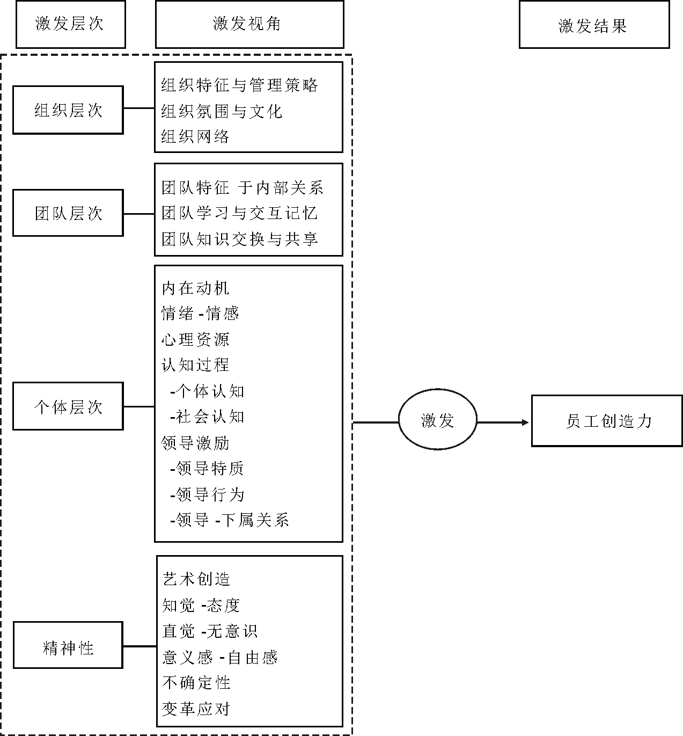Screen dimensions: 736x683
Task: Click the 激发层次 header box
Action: pos(70,25)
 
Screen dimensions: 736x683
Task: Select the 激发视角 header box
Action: pos(249,25)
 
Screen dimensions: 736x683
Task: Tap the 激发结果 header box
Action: pos(594,26)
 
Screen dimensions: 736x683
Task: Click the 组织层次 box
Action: pos(68,110)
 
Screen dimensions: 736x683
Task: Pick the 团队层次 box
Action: pos(68,213)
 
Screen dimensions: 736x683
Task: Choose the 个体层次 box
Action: pos(68,406)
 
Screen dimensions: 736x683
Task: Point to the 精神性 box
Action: pos(68,645)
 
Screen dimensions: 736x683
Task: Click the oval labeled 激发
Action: pos(438,420)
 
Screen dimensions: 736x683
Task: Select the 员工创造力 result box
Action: pos(607,421)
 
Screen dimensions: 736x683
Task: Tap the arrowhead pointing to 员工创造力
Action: pos(526,422)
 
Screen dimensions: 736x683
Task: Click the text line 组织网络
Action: pos(195,136)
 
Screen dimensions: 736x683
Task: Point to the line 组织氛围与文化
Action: pos(222,111)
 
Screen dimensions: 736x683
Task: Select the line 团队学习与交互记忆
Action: pos(239,213)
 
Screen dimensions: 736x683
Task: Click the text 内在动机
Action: pos(195,288)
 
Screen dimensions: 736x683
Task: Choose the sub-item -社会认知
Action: pos(207,417)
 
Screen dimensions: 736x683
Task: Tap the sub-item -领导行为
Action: pos(207,494)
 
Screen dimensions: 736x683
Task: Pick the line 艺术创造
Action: pos(196,579)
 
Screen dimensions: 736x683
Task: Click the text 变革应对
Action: pos(196,709)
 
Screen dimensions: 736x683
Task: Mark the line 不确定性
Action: pos(196,683)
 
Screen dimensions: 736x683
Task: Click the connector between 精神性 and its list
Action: pos(139,646)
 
